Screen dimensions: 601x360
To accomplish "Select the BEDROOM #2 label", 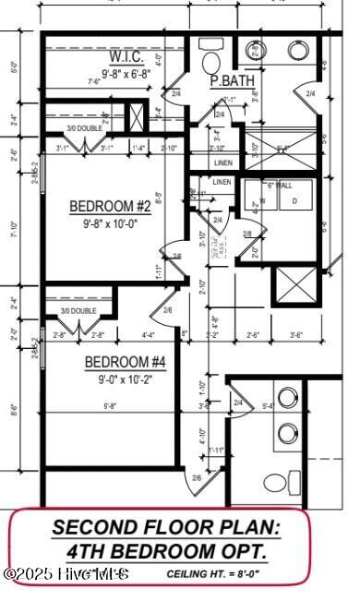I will (110, 206).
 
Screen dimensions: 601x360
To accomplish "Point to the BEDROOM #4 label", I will (125, 362).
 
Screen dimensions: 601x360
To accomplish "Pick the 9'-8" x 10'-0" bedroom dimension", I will (110, 222).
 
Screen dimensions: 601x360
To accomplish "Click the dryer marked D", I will (294, 200).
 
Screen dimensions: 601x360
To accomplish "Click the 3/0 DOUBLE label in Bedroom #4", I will (78, 311).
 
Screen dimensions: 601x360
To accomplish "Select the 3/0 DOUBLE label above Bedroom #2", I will (83, 128).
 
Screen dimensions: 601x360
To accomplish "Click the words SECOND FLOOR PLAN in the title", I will (165, 528).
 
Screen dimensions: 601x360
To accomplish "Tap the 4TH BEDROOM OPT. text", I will (167, 551).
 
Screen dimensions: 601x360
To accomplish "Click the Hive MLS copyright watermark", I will (66, 574).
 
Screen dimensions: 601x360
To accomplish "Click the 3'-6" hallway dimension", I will (296, 334).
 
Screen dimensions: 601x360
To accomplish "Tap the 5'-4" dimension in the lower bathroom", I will (269, 405).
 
